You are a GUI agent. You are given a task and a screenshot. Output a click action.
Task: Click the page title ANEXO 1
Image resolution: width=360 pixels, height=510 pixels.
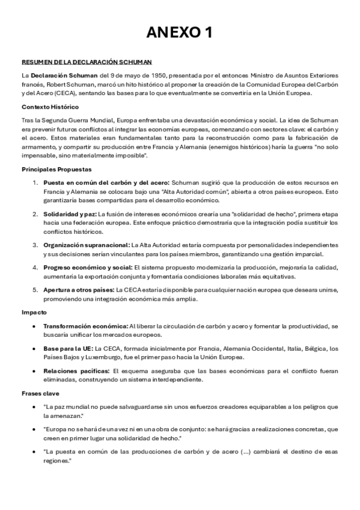[180, 32]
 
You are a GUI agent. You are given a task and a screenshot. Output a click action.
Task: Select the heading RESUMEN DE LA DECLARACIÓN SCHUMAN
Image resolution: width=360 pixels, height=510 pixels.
[87, 62]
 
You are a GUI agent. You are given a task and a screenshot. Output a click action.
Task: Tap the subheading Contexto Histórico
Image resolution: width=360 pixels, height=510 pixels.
[50, 106]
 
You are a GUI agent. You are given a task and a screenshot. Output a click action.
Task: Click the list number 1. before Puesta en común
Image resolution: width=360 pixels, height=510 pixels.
[35, 182]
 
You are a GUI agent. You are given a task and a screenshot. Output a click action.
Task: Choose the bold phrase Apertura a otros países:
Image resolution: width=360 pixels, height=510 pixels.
[79, 289]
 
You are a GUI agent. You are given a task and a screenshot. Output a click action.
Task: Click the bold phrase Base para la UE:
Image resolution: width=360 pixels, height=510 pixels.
[68, 348]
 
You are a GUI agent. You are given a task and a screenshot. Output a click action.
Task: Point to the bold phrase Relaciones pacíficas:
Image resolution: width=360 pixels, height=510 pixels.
[76, 370]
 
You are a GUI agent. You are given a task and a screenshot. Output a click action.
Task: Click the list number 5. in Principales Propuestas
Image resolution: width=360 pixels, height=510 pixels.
[35, 289]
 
